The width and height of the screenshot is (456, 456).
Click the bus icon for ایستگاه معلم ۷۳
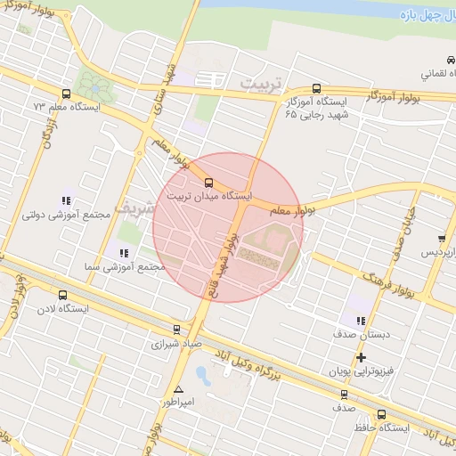(x=66, y=93)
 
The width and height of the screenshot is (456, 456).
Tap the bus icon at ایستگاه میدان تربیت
(x=209, y=184)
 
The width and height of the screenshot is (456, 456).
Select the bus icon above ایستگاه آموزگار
(x=318, y=88)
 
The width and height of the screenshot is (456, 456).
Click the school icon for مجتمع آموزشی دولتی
(x=66, y=201)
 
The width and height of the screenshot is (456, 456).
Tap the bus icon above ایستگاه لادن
(x=61, y=295)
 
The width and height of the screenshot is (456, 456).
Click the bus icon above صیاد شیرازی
(x=176, y=330)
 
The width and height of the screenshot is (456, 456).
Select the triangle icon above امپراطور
(x=179, y=389)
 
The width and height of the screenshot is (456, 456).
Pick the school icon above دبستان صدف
(x=360, y=321)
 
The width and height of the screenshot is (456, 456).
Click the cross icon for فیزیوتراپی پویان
(x=361, y=358)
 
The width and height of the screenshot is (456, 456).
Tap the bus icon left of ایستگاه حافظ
(x=382, y=414)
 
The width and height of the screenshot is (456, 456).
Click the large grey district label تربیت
(x=259, y=82)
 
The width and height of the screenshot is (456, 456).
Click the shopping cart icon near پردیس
(x=443, y=238)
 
